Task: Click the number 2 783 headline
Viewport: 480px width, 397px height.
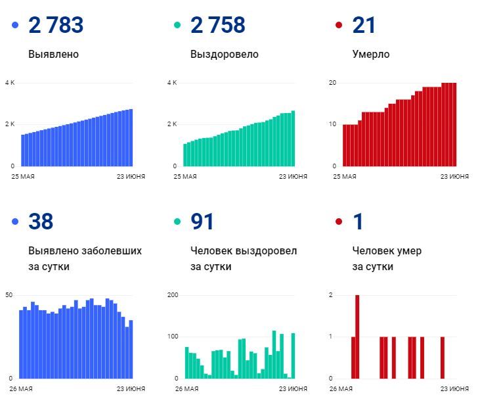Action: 56,26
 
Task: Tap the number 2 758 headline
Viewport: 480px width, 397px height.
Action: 217,26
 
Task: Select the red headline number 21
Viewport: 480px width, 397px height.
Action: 364,26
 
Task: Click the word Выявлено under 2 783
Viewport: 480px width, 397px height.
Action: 53,55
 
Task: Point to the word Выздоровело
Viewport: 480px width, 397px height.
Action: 224,55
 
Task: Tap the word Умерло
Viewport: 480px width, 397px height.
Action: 370,55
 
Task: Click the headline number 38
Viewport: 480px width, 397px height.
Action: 41,222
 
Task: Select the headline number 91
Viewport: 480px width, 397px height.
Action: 202,222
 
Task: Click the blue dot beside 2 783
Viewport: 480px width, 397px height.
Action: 15,26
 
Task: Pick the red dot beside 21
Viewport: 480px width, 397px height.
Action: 339,26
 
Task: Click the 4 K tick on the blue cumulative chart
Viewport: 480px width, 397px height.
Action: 10,83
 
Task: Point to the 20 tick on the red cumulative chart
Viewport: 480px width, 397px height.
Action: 333,83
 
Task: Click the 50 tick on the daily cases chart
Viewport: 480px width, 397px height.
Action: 9,295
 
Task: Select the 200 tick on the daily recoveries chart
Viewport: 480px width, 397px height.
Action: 173,295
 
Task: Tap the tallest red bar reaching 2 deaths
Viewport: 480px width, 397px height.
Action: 357,337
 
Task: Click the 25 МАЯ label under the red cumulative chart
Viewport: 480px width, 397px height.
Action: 345,176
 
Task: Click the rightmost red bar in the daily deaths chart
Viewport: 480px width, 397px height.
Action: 443,358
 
